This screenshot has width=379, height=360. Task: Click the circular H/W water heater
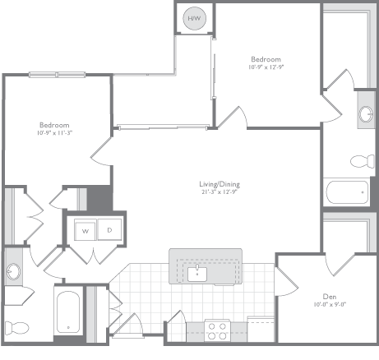click(195, 19)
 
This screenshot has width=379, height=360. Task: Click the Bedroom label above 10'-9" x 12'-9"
click(266, 60)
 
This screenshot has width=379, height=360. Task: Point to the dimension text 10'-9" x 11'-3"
click(55, 133)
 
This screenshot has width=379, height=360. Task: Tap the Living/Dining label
click(220, 184)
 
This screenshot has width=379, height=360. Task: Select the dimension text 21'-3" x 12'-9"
click(220, 193)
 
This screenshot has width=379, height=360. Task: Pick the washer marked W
click(85, 232)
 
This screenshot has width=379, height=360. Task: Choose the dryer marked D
click(109, 232)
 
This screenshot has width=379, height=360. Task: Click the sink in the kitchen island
click(197, 272)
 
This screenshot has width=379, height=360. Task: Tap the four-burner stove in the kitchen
click(217, 330)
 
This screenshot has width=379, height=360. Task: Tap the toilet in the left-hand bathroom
click(14, 321)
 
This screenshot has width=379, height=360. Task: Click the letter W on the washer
click(85, 232)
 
